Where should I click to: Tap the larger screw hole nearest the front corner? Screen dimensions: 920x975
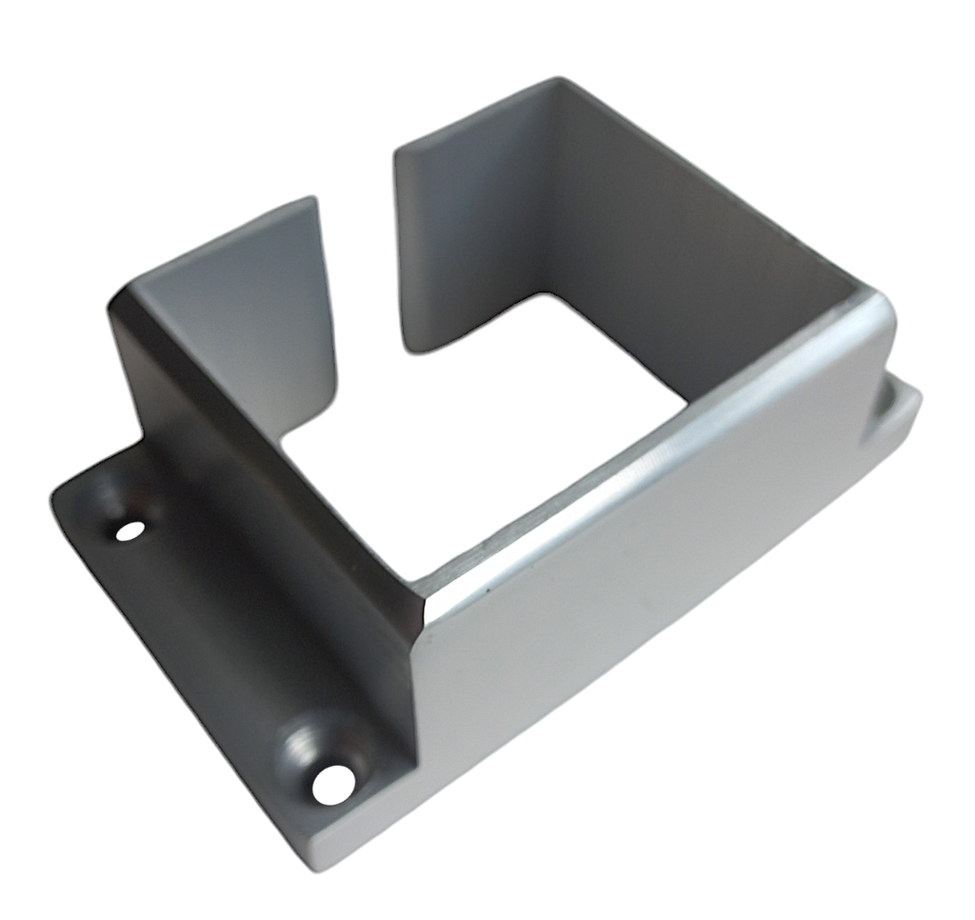pyautogui.click(x=333, y=783)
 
